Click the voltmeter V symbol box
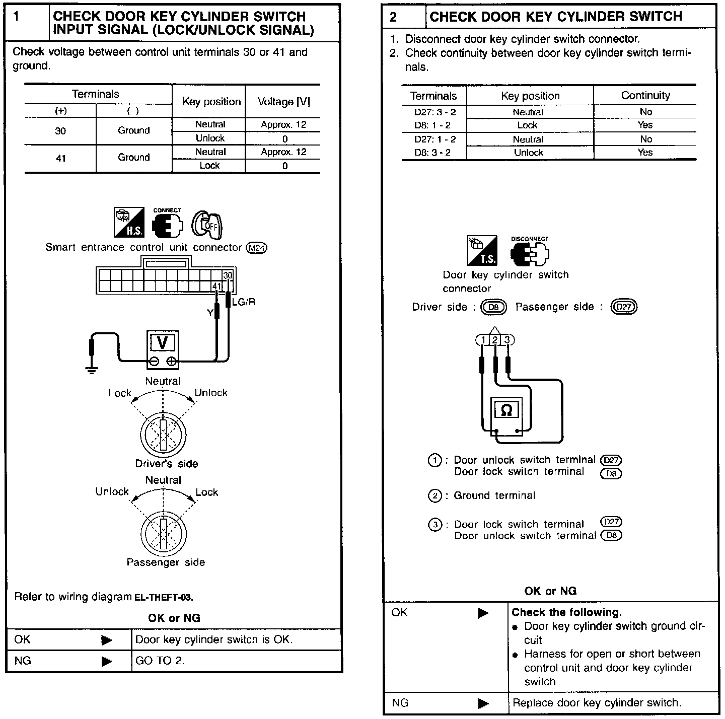(162, 342)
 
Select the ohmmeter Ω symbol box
(506, 410)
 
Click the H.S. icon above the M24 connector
(129, 223)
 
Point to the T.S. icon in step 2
(482, 250)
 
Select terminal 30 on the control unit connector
(228, 275)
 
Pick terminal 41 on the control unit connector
(217, 286)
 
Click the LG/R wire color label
(243, 302)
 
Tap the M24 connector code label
(257, 248)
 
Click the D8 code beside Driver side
(493, 307)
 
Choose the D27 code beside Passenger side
(624, 307)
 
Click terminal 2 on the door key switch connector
(495, 340)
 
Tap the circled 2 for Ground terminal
(434, 496)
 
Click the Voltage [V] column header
(283, 102)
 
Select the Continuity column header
(645, 96)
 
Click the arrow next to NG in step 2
(483, 703)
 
